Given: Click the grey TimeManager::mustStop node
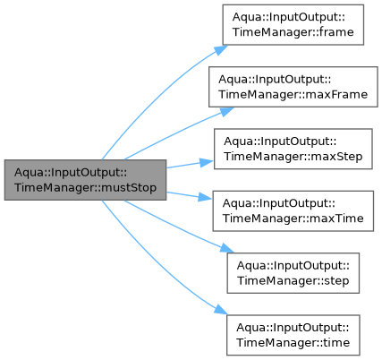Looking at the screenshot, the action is pos(85,180).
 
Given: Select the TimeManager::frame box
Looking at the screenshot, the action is pos(293,25).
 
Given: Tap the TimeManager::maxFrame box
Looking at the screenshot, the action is pos(293,87).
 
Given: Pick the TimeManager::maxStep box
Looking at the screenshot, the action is pos(293,149).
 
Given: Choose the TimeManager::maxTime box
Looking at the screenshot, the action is pos(293,211).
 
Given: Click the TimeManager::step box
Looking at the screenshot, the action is pos(293,273).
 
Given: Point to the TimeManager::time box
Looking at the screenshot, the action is pos(293,335).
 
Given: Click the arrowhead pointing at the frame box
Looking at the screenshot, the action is pos(221,50).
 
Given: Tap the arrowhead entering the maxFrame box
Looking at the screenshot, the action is pos(227,112).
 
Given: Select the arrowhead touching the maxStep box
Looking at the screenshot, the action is pos(207,162).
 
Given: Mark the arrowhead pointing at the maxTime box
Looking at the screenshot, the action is pos(206,198).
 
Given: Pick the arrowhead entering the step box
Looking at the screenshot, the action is pos(227,248).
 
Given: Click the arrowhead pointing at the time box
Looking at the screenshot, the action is pos(221,310).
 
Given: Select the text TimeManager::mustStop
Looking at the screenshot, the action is pos(85,188).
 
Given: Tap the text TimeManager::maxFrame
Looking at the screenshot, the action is pos(293,95).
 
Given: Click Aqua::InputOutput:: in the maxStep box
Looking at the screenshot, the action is pos(280,141).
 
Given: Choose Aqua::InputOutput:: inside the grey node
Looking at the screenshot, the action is pos(71,172).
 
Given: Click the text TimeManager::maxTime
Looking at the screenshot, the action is pos(293,219).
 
